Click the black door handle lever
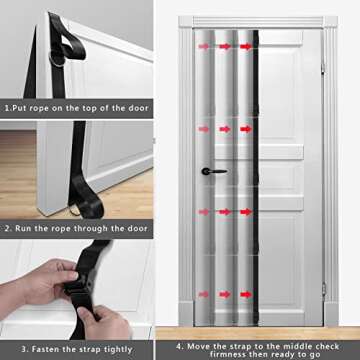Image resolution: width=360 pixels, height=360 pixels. point(208,172)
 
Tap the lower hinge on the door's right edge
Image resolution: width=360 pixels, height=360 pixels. point(322,288)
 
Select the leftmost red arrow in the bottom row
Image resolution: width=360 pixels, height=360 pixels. point(204,295)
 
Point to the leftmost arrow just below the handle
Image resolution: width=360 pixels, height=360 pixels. point(204,212)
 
